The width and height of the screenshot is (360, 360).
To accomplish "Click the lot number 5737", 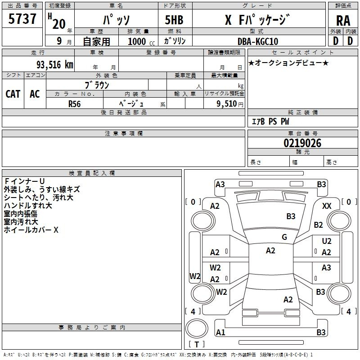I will pyautogui.click(x=22, y=19).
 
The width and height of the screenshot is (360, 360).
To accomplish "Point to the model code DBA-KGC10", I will pyautogui.click(x=258, y=41).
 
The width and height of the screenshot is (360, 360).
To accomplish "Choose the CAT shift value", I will pyautogui.click(x=13, y=94).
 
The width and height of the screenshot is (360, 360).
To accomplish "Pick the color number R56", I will pyautogui.click(x=75, y=103).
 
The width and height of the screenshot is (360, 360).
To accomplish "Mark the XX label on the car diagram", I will pyautogui.click(x=327, y=206).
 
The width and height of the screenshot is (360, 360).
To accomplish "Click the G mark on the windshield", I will pyautogui.click(x=284, y=237).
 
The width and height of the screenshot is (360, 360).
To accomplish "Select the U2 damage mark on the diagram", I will pyautogui.click(x=327, y=241).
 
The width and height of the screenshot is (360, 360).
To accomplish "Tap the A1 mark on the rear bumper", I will pyautogui.click(x=220, y=333).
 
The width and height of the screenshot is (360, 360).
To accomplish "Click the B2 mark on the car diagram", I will pyautogui.click(x=319, y=225).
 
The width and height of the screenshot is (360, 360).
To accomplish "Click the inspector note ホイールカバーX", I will pyautogui.click(x=31, y=230).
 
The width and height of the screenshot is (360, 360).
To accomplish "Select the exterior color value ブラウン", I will pyautogui.click(x=97, y=85).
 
